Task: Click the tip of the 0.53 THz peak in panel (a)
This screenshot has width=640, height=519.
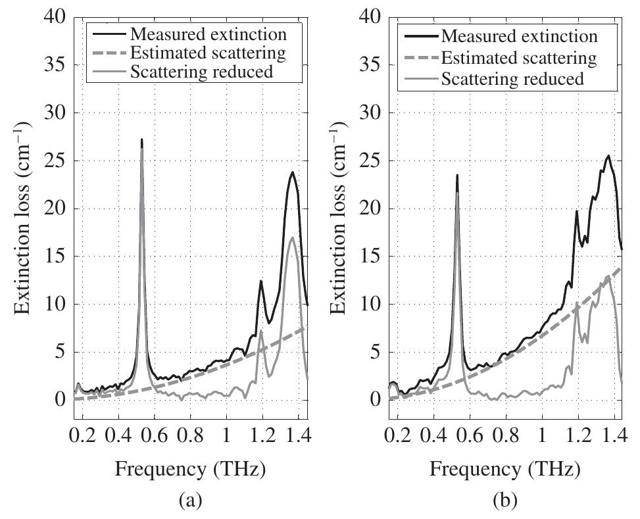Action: click(x=141, y=139)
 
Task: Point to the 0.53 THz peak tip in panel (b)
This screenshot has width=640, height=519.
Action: click(x=456, y=175)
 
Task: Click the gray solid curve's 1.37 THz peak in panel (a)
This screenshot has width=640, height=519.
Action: click(x=292, y=237)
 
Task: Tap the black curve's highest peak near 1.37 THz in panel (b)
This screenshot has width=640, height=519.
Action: click(x=608, y=156)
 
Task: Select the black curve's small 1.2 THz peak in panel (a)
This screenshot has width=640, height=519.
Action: click(x=261, y=281)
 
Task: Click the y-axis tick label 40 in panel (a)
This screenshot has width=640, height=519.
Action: click(x=56, y=17)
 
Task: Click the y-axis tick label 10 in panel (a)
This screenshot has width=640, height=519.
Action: click(x=56, y=304)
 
